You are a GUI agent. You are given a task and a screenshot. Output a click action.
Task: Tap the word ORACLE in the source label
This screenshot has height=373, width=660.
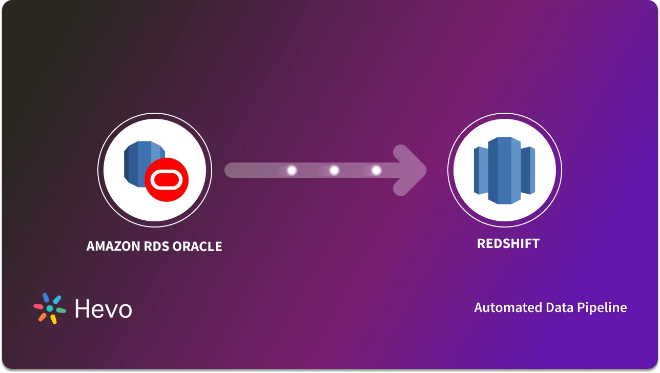197,246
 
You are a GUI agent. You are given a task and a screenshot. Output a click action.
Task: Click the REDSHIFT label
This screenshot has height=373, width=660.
508,243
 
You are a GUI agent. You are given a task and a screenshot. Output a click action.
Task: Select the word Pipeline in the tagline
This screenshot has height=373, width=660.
603,308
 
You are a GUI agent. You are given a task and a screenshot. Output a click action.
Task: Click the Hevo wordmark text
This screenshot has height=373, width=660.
103,308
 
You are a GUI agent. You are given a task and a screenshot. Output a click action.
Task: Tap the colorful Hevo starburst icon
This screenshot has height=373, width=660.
50,308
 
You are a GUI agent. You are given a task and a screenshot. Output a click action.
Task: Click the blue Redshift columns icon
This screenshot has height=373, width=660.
504,171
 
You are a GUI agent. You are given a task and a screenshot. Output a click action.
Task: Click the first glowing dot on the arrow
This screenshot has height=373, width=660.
292,170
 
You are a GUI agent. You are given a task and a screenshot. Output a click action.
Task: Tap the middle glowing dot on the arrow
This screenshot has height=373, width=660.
334,170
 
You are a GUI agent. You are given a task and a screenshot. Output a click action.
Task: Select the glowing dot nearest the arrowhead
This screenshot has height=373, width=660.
376,170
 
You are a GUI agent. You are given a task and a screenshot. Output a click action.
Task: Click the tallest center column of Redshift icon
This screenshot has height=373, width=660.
504,171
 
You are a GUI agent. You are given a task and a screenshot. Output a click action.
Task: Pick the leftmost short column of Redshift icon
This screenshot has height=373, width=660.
480,171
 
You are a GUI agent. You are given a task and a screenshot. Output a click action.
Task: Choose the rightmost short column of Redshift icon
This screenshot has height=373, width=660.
528,171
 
